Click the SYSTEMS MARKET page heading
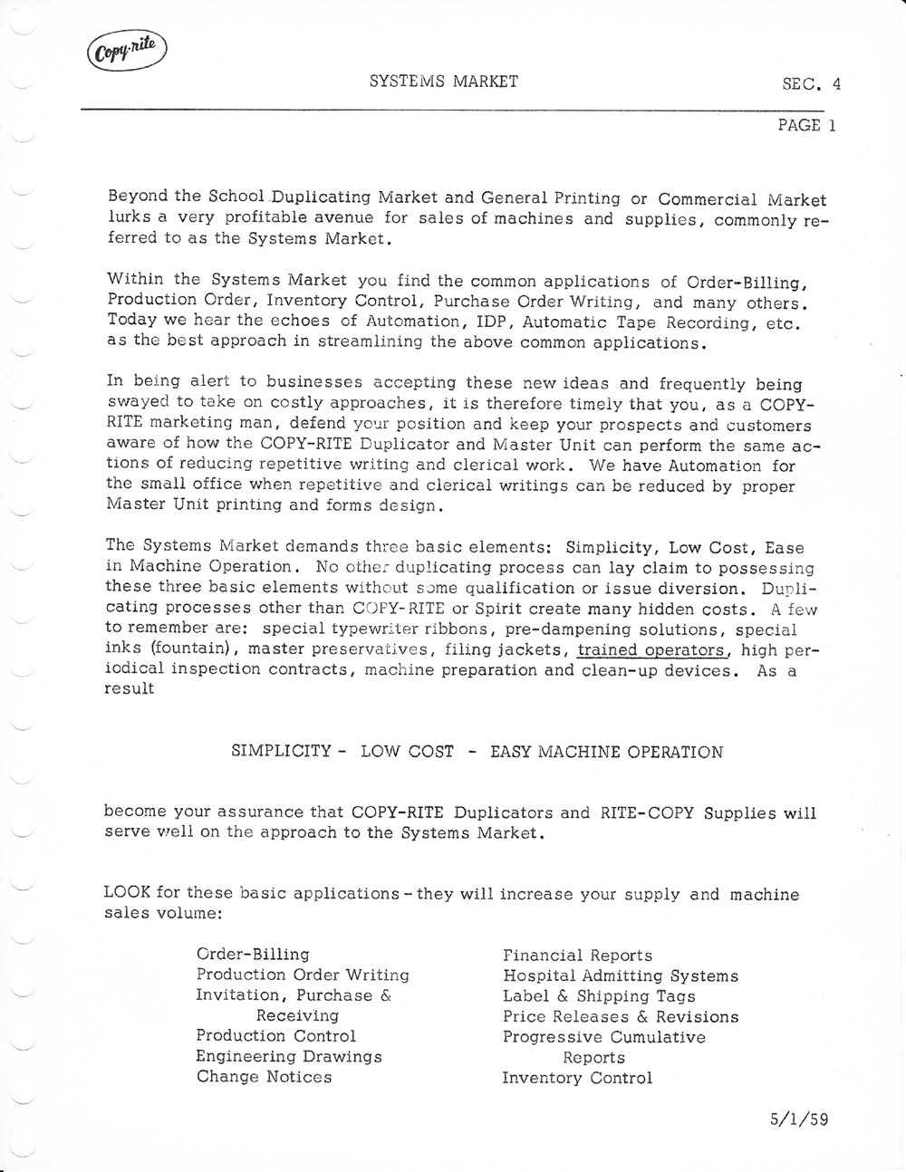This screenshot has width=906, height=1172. [x=444, y=82]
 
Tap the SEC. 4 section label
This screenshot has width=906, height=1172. [x=811, y=85]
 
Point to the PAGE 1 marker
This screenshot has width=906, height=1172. [x=805, y=126]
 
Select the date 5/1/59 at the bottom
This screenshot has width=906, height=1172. [x=795, y=1119]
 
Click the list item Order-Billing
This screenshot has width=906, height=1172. [x=253, y=954]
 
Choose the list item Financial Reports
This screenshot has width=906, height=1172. [x=577, y=956]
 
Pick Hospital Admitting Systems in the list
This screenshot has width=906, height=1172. [x=621, y=975]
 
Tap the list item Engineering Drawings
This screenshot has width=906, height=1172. [x=289, y=1056]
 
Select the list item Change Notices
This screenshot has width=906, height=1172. [x=264, y=1077]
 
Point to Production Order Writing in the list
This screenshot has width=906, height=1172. [x=303, y=975]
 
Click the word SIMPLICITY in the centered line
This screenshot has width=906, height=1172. [x=281, y=752]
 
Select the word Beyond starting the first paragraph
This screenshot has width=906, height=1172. [x=138, y=196]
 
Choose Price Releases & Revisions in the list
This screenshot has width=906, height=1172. [x=621, y=1017]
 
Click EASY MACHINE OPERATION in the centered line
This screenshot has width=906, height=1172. [x=606, y=752]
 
